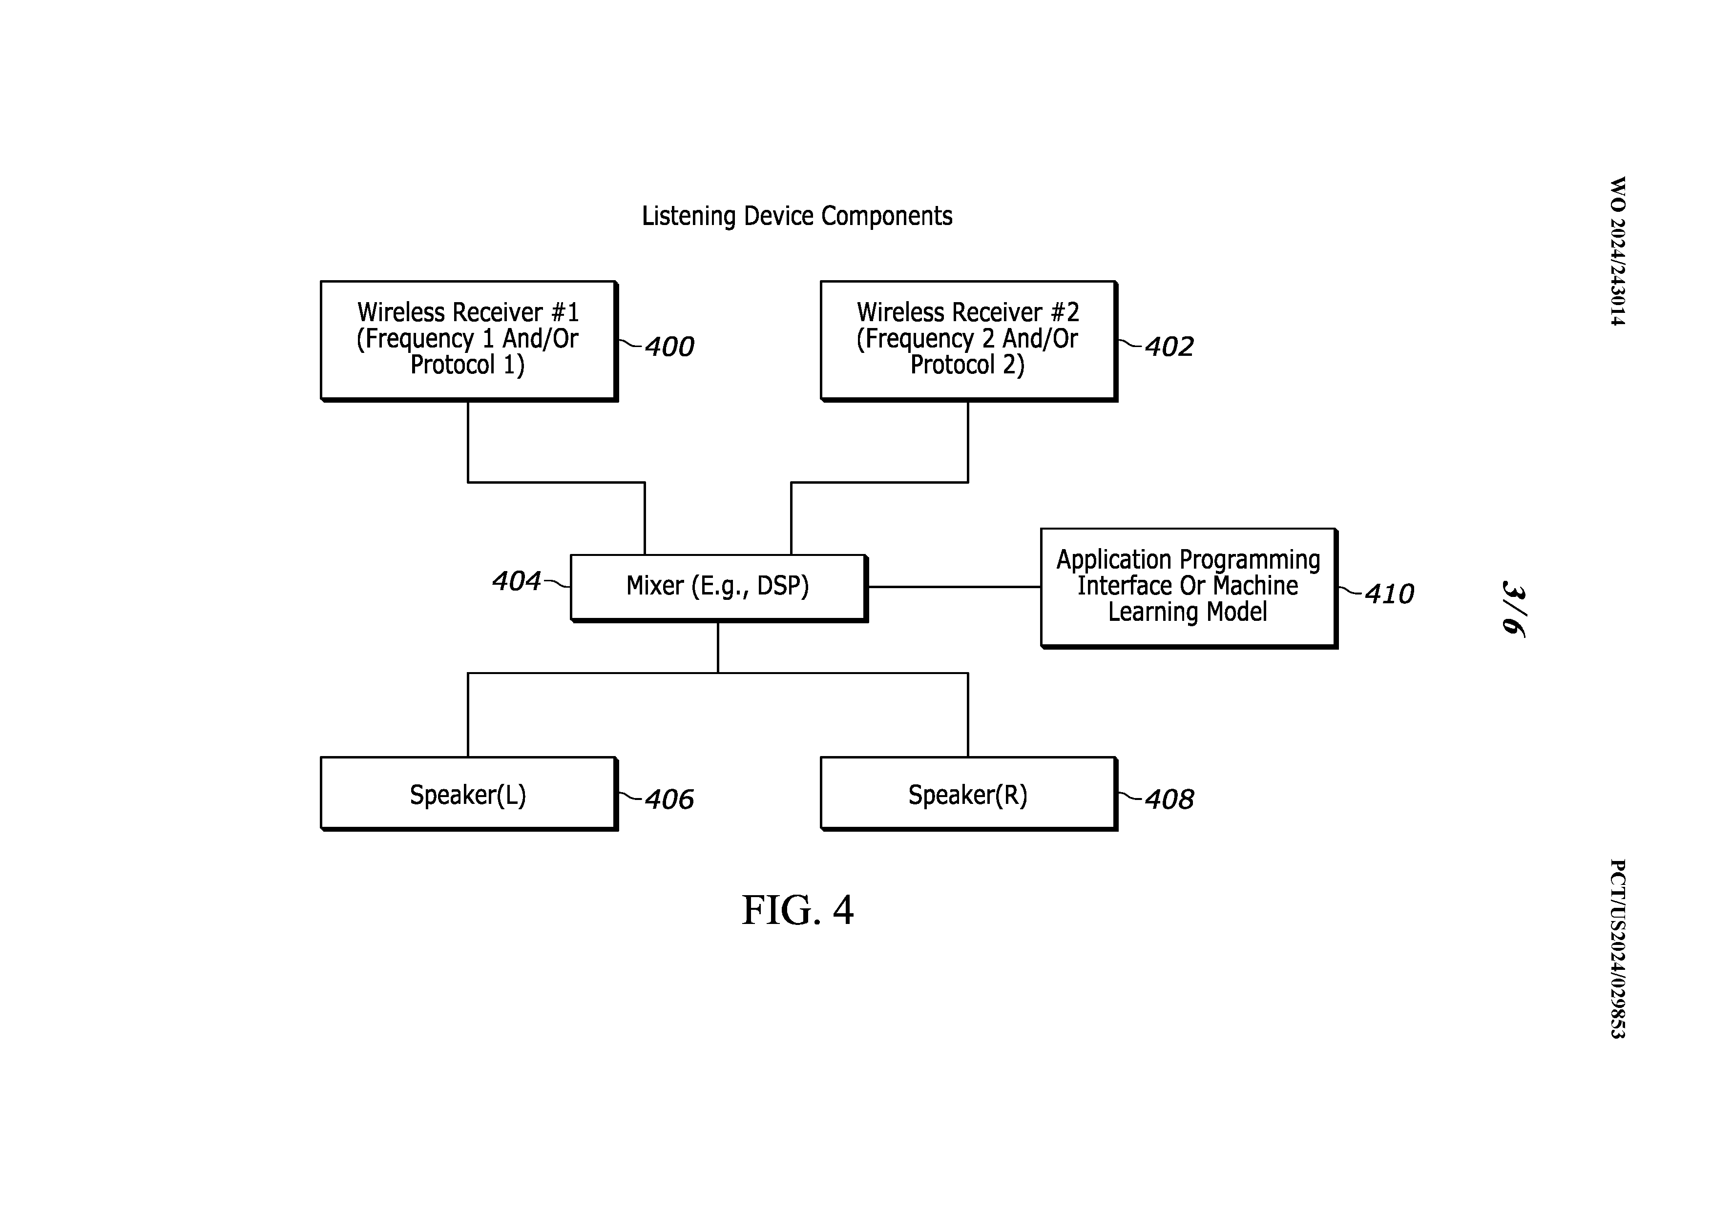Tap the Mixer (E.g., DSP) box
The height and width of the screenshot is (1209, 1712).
(x=717, y=587)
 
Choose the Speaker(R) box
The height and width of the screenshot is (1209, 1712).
(x=967, y=794)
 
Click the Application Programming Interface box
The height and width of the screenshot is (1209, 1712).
(x=1188, y=587)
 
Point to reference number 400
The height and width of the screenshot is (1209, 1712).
(x=669, y=347)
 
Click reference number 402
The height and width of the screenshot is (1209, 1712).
(x=1169, y=347)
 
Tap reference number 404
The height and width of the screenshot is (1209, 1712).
(x=516, y=581)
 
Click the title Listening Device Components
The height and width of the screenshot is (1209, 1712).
(x=796, y=216)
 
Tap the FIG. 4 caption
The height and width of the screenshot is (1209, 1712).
(x=797, y=910)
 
